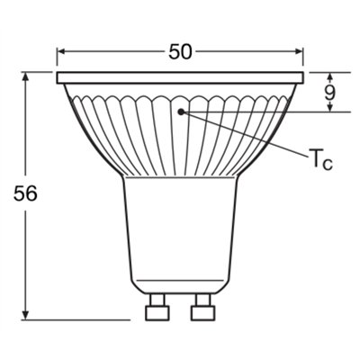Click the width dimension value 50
(x=180, y=51)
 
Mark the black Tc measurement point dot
(x=181, y=112)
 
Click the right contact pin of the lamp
(x=203, y=310)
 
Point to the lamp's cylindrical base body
(x=180, y=234)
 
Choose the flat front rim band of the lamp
(x=180, y=78)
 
